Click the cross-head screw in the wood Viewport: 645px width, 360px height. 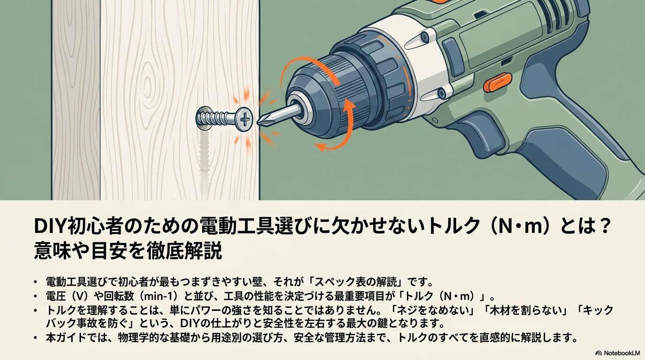coord(225,118)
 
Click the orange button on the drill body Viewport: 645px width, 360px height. coord(497,82)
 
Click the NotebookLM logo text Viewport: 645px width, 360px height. coord(618,352)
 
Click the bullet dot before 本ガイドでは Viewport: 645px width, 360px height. coord(35,337)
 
